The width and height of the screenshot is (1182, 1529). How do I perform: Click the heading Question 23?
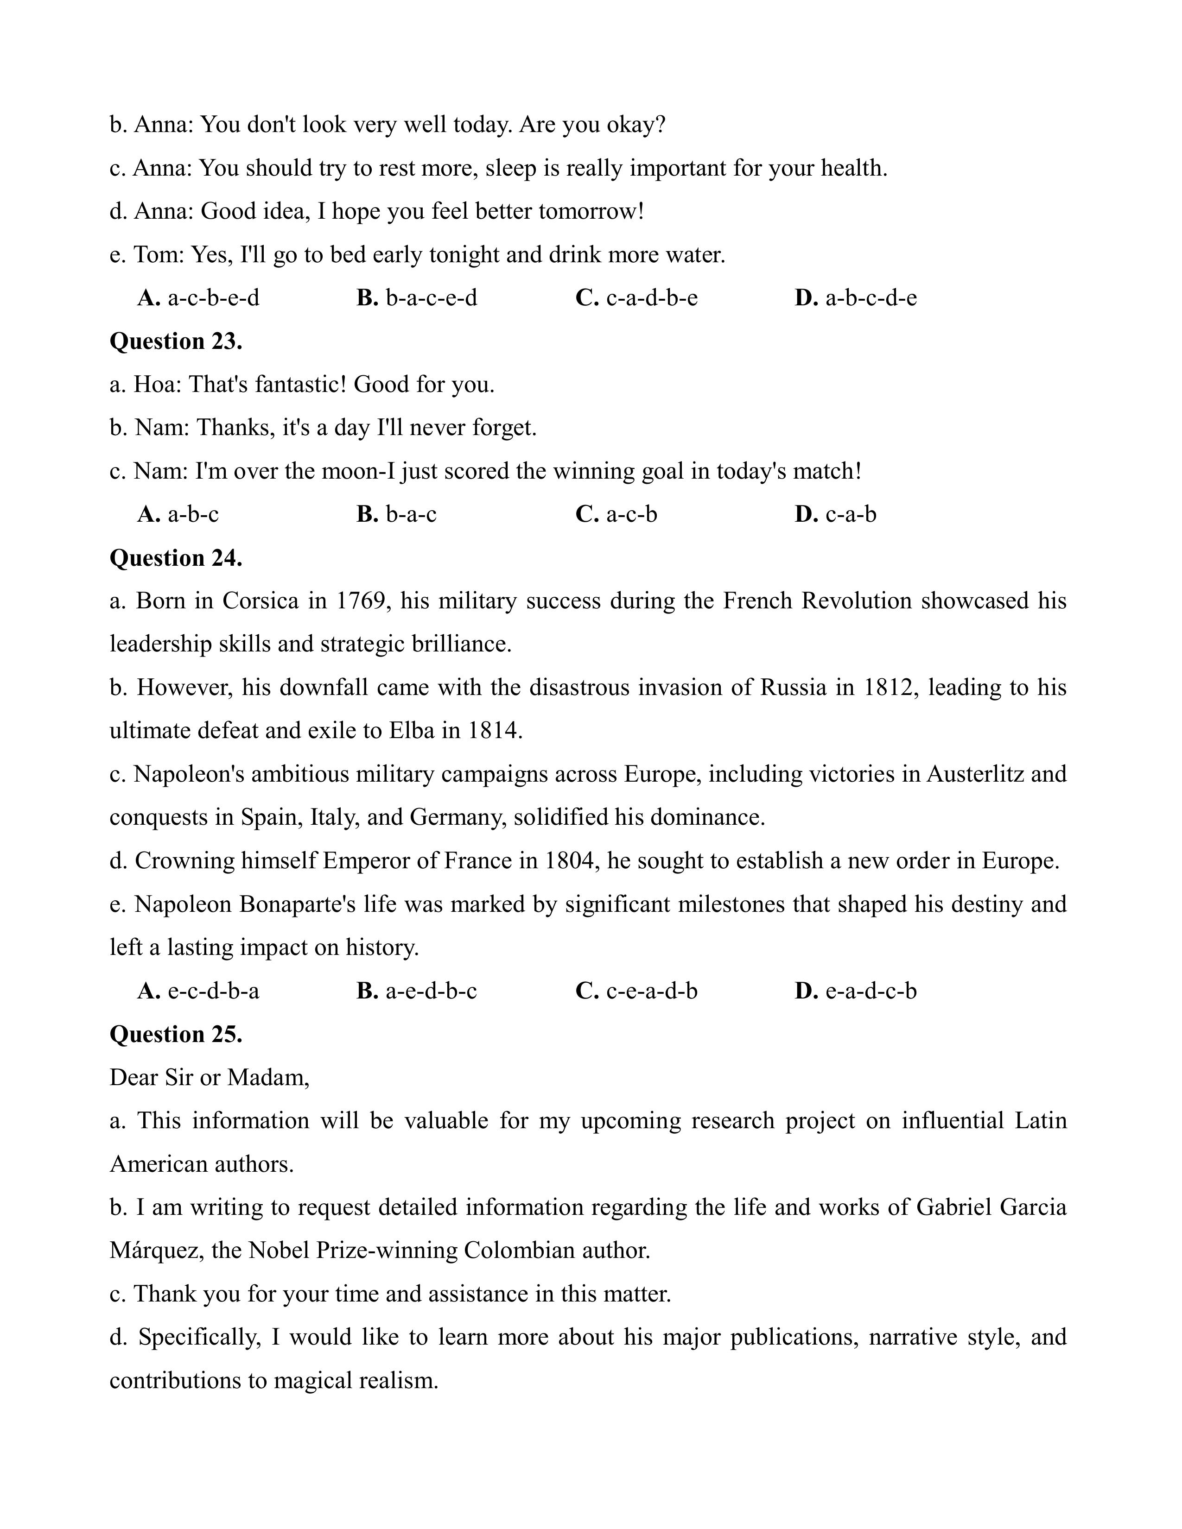176,341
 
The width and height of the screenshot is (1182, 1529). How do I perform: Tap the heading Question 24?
176,557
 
